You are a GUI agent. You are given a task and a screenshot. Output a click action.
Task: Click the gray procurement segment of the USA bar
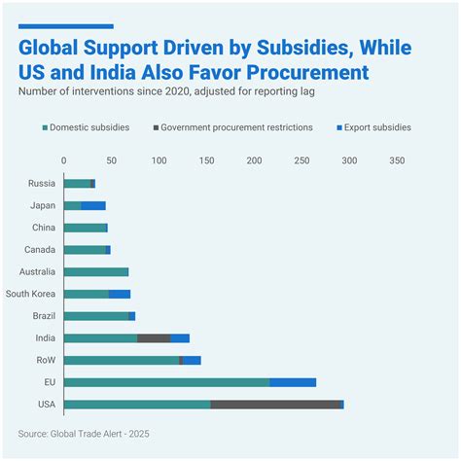(276, 405)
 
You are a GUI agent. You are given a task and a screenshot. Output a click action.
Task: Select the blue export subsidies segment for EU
(292, 382)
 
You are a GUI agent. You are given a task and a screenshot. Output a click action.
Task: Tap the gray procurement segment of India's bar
(154, 337)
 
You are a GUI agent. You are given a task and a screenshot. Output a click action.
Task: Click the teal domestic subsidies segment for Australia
(95, 271)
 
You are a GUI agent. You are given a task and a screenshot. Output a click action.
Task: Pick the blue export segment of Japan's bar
(93, 205)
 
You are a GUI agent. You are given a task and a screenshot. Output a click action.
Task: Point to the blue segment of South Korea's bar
(119, 294)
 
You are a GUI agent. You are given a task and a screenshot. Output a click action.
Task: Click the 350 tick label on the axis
(397, 160)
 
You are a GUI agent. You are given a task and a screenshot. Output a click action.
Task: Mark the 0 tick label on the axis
(64, 160)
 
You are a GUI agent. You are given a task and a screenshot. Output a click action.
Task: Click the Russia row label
(41, 183)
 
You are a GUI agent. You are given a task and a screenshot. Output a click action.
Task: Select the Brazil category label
(42, 316)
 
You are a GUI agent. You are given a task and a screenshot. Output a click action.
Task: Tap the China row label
(43, 228)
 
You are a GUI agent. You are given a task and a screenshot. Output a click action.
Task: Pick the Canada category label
(40, 250)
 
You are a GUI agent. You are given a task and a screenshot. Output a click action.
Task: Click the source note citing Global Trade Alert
(84, 433)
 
